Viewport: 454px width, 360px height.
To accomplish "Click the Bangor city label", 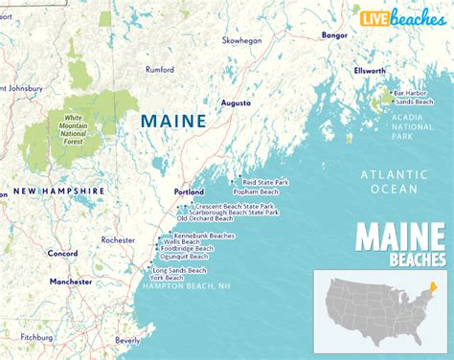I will coord(335,34).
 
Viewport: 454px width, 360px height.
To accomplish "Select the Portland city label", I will coord(190,191).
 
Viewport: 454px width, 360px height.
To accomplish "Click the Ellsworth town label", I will coord(369,70).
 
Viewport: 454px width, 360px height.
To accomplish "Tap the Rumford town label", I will coord(159,69).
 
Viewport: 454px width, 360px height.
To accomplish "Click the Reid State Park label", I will coord(265,182).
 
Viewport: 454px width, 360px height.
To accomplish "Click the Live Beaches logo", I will coord(402,17).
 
